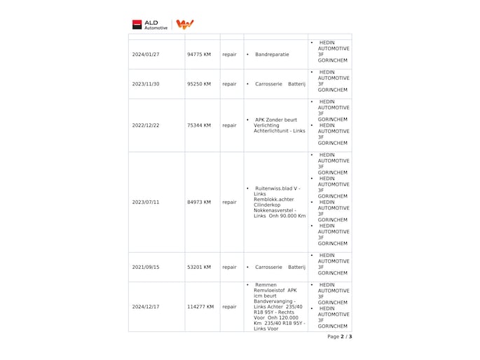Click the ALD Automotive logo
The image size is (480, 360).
click(151, 25)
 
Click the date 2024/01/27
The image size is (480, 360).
click(146, 54)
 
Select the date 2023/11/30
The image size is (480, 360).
click(146, 84)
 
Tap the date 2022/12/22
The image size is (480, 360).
click(146, 125)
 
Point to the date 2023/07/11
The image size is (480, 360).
click(146, 202)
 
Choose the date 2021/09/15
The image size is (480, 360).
click(146, 267)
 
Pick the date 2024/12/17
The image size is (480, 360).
click(146, 307)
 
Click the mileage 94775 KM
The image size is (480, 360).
click(199, 54)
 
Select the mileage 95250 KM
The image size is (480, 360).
click(199, 84)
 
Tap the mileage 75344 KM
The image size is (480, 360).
click(199, 125)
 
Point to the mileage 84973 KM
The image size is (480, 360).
click(199, 202)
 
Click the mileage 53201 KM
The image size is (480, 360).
click(199, 267)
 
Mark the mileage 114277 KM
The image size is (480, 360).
click(200, 307)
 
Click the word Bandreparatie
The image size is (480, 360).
click(273, 54)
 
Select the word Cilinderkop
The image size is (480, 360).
click(269, 205)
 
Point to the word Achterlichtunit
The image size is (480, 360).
click(273, 131)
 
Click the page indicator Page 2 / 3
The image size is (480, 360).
click(339, 337)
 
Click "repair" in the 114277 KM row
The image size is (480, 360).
click(229, 307)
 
